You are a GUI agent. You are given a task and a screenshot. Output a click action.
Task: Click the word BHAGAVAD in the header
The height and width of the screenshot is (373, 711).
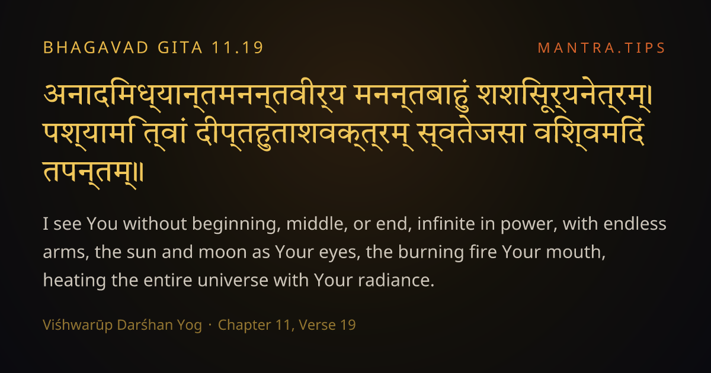coord(96,47)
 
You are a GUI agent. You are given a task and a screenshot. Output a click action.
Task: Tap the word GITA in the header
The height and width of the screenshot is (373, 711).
coord(180,47)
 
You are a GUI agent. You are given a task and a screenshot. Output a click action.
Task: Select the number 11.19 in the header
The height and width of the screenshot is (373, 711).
coord(238,47)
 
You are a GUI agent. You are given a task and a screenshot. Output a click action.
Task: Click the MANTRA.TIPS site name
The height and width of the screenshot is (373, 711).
coord(601,48)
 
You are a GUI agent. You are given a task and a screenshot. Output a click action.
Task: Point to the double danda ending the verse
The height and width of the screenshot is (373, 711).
coord(140,173)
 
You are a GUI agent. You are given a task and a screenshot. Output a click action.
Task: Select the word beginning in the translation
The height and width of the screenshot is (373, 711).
coord(236,224)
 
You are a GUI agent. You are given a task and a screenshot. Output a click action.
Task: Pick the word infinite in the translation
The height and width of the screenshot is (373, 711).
coord(446,224)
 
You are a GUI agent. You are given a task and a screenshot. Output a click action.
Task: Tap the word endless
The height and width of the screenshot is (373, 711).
coord(635,224)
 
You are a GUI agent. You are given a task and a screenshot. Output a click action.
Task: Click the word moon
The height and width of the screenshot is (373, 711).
coord(223,252)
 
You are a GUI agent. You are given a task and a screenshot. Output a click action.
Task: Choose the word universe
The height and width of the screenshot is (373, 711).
coord(232,281)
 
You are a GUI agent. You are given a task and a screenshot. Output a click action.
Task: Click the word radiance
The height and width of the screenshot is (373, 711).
coord(396,281)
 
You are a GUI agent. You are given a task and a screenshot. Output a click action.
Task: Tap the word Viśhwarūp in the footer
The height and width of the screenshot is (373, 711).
coord(78,325)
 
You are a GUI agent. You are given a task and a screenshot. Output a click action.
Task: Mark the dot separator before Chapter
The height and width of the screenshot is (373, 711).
coord(210,325)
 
